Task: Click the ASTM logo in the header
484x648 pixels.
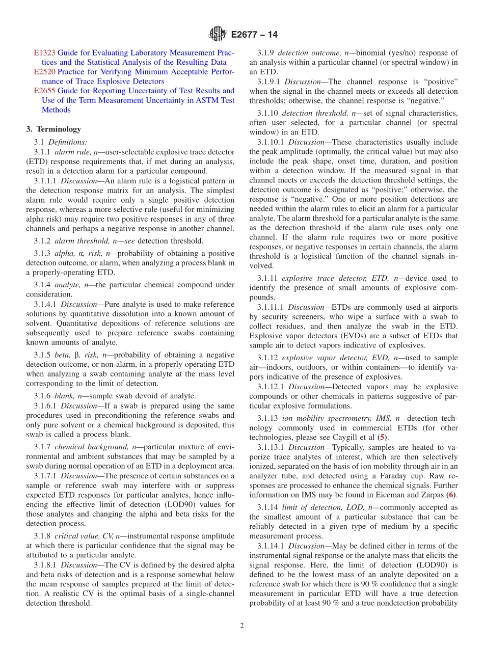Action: coord(218,34)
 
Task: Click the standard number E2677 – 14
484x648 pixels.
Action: coord(254,35)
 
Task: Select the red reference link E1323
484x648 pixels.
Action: coord(44,53)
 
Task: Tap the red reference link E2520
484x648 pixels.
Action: coord(44,72)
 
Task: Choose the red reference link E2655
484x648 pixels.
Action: coord(44,91)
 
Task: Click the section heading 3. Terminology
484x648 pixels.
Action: coord(53,129)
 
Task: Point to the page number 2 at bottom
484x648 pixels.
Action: coord(242,626)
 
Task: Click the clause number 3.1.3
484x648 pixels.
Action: coord(43,254)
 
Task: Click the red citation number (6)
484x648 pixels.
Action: coord(450,495)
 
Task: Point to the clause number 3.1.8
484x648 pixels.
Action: coord(43,536)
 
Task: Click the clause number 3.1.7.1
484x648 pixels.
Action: coord(45,476)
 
